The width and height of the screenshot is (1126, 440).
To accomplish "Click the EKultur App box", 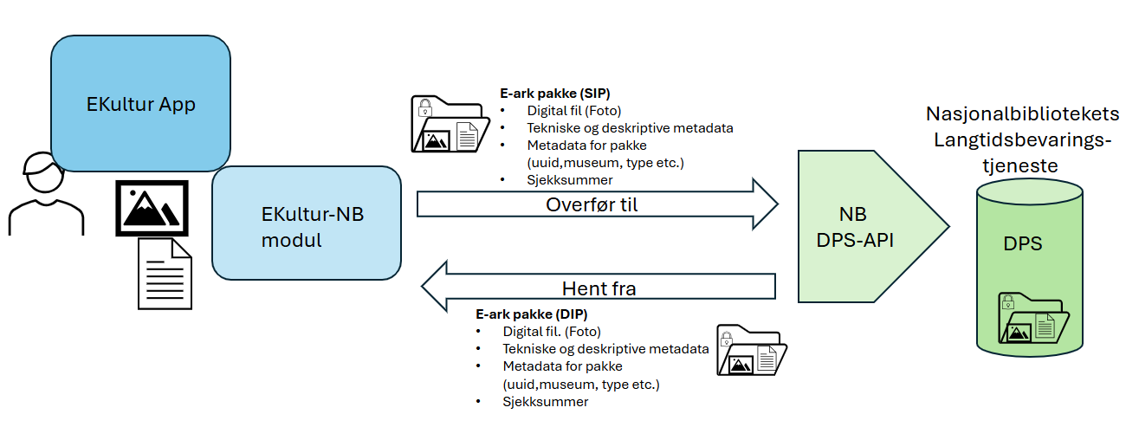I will tap(140, 104).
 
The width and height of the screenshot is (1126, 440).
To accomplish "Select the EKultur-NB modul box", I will tap(306, 223).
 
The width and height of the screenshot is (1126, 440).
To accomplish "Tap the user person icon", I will tap(45, 195).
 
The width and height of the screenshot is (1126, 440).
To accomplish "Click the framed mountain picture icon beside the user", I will tap(152, 208).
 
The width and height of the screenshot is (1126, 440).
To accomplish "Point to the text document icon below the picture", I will tap(165, 273).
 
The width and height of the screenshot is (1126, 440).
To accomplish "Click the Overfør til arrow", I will tap(598, 204).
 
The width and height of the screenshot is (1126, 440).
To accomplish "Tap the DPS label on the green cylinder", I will tap(1023, 244).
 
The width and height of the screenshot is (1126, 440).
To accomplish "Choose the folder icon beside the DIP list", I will tap(751, 350).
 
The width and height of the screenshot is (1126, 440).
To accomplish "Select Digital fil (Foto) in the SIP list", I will tap(573, 111).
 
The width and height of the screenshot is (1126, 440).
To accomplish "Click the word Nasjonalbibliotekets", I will tap(1022, 114).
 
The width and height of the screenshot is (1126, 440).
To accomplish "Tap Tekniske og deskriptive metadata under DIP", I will tap(605, 349).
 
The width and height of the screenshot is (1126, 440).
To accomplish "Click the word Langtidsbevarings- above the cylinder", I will tap(1022, 139).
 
